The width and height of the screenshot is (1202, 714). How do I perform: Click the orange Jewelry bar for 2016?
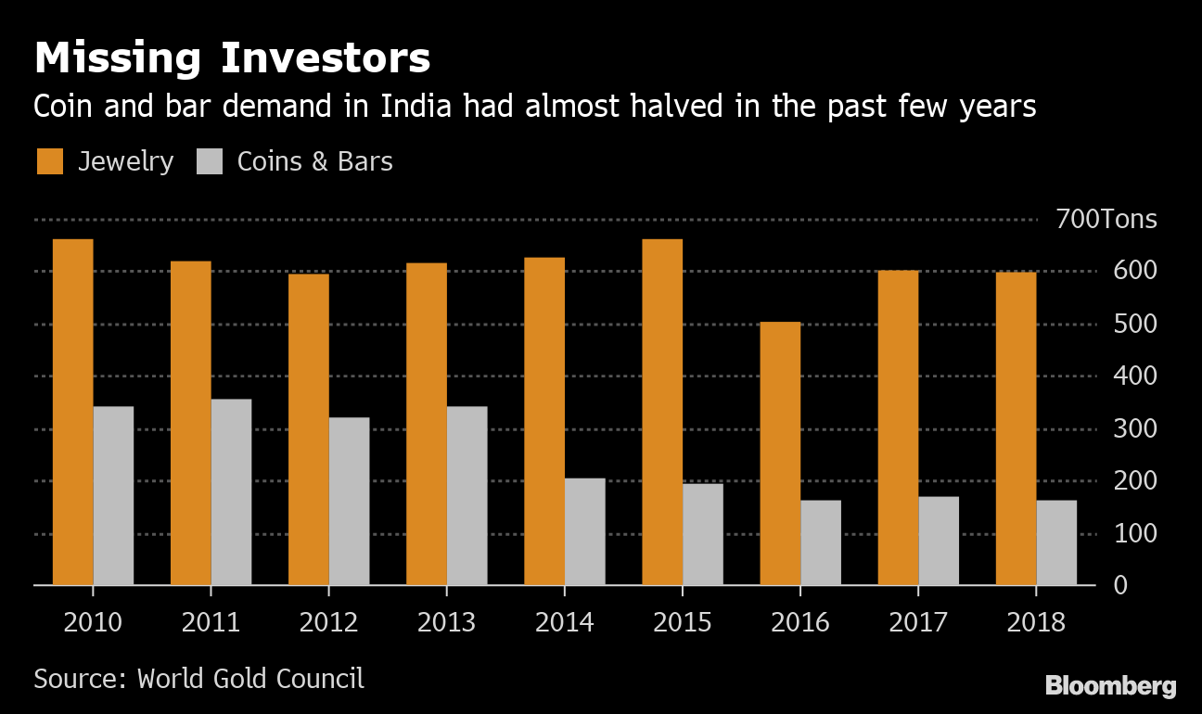click(780, 453)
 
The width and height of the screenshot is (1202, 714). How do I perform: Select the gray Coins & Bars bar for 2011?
click(231, 491)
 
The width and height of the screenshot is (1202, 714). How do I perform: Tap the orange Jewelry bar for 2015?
click(662, 413)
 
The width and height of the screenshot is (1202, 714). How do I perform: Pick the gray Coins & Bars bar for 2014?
click(584, 531)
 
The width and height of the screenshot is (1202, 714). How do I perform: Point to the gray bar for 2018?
click(1056, 542)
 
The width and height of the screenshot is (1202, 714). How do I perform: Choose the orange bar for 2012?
click(308, 429)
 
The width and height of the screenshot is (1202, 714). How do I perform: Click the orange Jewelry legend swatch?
click(50, 161)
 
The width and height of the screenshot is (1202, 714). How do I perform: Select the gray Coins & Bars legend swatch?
click(211, 161)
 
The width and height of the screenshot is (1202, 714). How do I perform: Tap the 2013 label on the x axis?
click(447, 621)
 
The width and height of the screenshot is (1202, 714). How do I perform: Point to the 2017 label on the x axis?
click(918, 621)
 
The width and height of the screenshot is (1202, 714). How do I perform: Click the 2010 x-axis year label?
click(93, 621)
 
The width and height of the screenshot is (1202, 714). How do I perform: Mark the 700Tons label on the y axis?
click(1106, 220)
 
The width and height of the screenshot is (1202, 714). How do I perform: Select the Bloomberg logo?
click(1111, 686)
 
